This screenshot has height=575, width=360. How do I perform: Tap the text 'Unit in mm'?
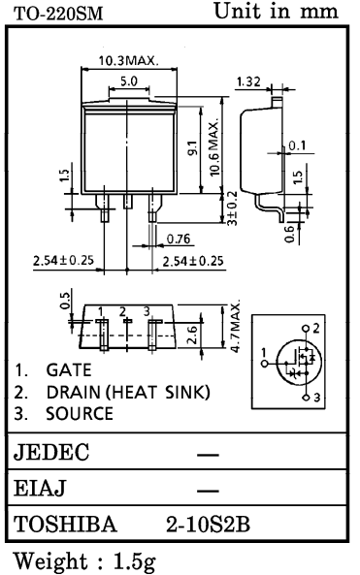coord(278,13)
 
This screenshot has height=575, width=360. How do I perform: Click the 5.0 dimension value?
coord(128,81)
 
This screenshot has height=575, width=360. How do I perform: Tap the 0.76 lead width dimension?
coord(178,239)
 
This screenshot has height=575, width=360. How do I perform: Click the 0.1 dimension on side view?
coord(297,146)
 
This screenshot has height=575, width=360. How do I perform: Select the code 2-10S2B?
coord(209,525)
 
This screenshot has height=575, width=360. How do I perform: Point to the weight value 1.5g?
coord(141,561)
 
